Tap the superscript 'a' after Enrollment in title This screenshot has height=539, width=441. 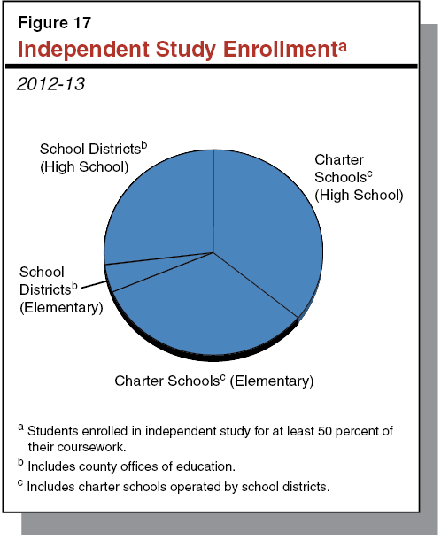339,43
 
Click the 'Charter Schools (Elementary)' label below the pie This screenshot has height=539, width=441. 213,381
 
